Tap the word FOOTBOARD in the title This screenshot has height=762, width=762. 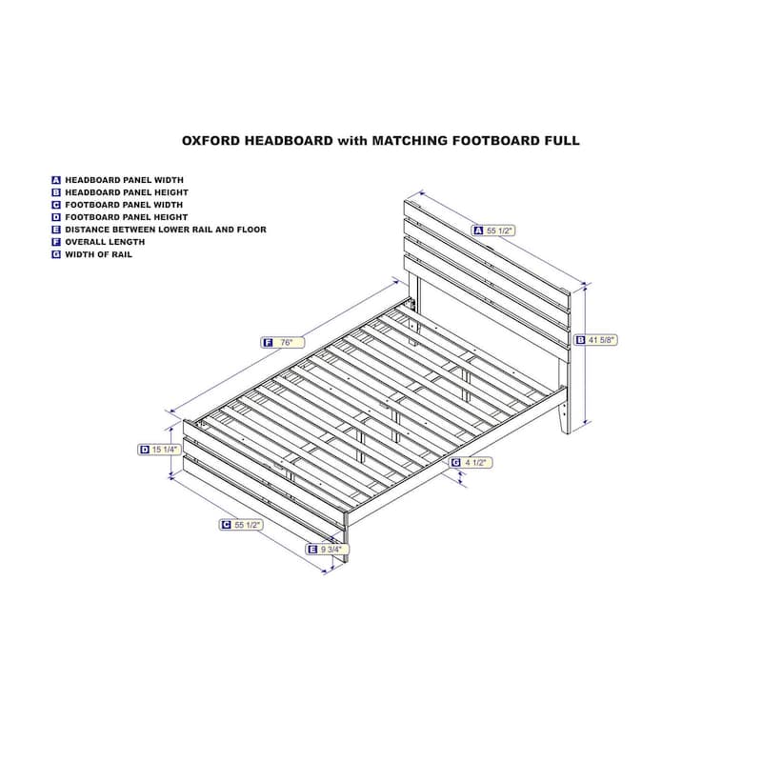pyautogui.click(x=495, y=141)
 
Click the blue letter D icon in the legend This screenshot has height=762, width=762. pyautogui.click(x=56, y=217)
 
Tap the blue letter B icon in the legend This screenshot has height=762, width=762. pyautogui.click(x=56, y=192)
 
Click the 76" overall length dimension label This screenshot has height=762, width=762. pyautogui.click(x=282, y=343)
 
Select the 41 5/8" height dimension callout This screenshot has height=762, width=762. pyautogui.click(x=596, y=340)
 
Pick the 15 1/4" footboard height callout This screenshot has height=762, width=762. pyautogui.click(x=159, y=450)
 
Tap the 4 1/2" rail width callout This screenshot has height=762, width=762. pyautogui.click(x=471, y=463)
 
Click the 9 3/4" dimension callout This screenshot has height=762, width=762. pyautogui.click(x=327, y=550)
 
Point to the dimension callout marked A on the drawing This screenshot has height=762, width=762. pyautogui.click(x=493, y=231)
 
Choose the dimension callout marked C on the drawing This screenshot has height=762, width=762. pyautogui.click(x=241, y=525)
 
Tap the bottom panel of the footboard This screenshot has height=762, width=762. pyautogui.click(x=264, y=494)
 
